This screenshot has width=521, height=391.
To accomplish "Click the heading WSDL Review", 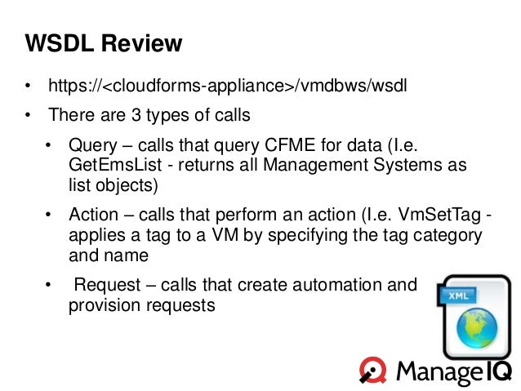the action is tap(103, 43).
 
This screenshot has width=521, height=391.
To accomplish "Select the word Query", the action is tap(92, 146).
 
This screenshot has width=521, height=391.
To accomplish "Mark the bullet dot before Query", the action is tap(49, 147).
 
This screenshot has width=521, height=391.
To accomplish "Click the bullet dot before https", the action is tap(28, 86).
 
